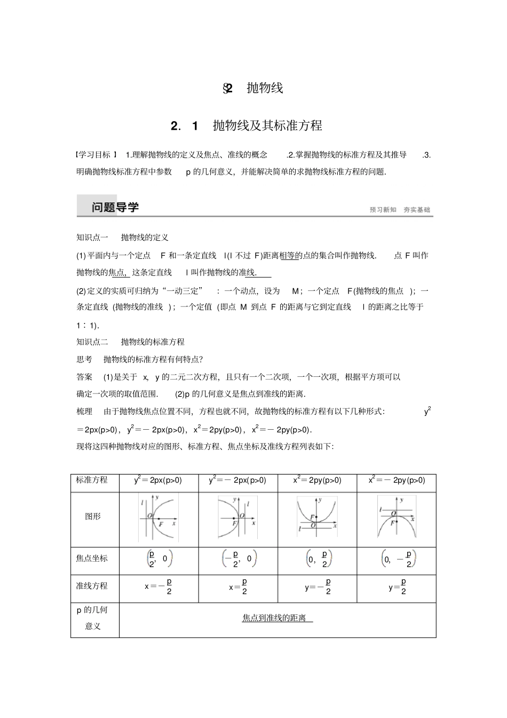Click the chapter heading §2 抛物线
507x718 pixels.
253,88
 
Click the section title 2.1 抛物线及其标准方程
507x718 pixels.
247,126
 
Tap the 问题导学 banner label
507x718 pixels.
115,207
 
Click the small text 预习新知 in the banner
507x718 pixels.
383,210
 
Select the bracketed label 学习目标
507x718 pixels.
96,155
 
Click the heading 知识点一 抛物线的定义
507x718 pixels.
122,238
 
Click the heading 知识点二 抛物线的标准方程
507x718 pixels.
130,342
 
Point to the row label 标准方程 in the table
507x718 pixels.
92,480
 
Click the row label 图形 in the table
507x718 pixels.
93,516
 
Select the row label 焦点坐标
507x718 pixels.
92,558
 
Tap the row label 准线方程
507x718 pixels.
92,586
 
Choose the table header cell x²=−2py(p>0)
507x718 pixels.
397,480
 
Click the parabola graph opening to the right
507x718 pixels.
158,517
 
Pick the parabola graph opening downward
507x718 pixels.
397,517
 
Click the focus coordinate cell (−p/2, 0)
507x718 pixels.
239,559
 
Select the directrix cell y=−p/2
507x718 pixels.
318,587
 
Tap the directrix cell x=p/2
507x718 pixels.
238,587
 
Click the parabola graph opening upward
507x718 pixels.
317,517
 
